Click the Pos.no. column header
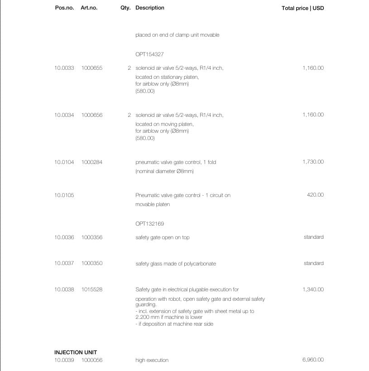tap(64, 8)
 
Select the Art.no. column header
tap(89, 8)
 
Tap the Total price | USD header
tap(302, 8)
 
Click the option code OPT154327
tap(149, 54)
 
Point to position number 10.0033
tap(64, 68)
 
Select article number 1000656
tap(92, 115)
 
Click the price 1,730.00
tap(313, 162)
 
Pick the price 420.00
tap(315, 195)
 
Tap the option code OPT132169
tap(149, 224)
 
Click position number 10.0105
tap(64, 195)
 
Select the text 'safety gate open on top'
tap(162, 237)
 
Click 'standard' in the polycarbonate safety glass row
tap(313, 263)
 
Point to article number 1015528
tap(92, 289)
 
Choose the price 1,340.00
tap(313, 289)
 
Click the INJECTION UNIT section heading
tap(76, 352)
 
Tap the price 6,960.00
tap(313, 360)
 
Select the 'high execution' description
tap(152, 360)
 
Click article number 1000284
tap(92, 162)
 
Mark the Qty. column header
tap(125, 8)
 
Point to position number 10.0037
tap(64, 263)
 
